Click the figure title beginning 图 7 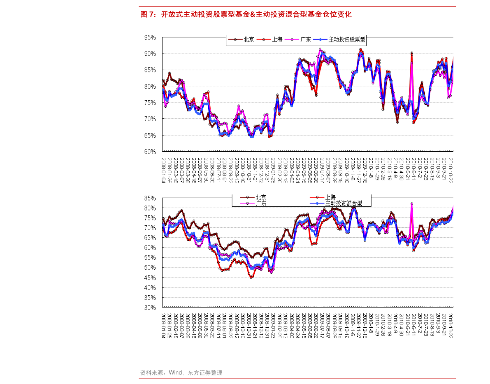tap(246, 14)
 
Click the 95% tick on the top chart tap(150, 37)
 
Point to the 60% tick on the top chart tap(150, 152)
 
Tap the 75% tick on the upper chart tap(150, 103)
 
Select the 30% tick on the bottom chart tap(150, 308)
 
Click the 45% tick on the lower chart tap(150, 278)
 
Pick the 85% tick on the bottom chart tap(150, 198)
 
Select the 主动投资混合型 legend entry tap(344, 204)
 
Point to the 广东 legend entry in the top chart tap(305, 40)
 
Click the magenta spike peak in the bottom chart tap(412, 204)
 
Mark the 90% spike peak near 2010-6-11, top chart tap(412, 53)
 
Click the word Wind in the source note tap(176, 372)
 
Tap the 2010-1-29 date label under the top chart tap(377, 169)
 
